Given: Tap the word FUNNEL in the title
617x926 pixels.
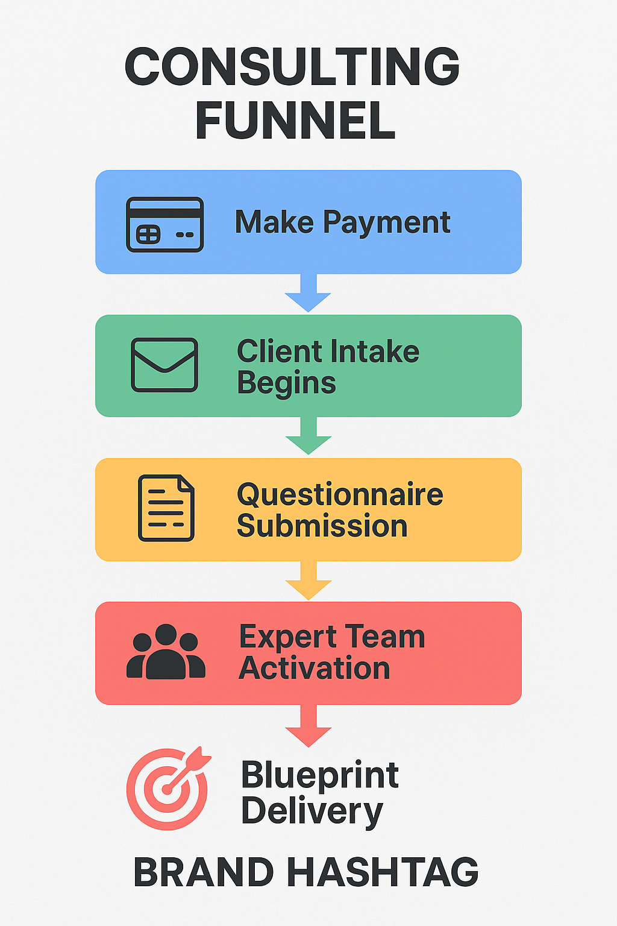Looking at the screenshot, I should [295, 121].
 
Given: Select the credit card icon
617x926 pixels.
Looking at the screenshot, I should [164, 224].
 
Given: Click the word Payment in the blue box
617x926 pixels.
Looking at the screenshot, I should [386, 223].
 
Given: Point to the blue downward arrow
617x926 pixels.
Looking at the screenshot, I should [308, 294].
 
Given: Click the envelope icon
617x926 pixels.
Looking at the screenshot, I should [164, 365].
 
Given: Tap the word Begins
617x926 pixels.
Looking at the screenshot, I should [286, 383].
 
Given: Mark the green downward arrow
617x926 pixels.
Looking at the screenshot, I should [308, 436].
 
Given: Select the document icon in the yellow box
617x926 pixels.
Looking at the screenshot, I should [166, 508].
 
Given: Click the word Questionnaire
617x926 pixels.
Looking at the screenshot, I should [340, 494].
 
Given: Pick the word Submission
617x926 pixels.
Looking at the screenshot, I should [322, 526].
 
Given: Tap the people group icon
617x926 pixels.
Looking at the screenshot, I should [166, 652].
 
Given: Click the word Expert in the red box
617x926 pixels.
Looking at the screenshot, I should [287, 637].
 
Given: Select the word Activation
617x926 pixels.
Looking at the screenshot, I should [314, 669].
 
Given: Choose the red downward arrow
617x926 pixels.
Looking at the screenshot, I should [308, 727].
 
